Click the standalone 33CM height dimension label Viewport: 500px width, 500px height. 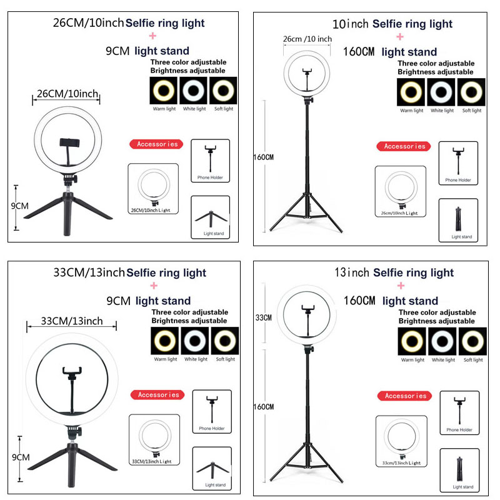[x=264, y=317]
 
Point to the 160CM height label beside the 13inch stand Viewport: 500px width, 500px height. [x=264, y=407]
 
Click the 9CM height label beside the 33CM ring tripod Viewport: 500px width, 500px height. [x=21, y=457]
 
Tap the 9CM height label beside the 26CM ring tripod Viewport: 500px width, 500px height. [x=21, y=206]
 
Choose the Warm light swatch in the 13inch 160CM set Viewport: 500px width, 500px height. [x=412, y=341]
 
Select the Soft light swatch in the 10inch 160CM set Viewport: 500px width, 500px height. [x=472, y=92]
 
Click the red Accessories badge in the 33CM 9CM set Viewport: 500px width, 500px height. [x=158, y=395]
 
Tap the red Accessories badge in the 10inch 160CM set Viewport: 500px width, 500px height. [x=404, y=146]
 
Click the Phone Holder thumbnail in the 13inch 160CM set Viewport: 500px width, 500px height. [x=459, y=412]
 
